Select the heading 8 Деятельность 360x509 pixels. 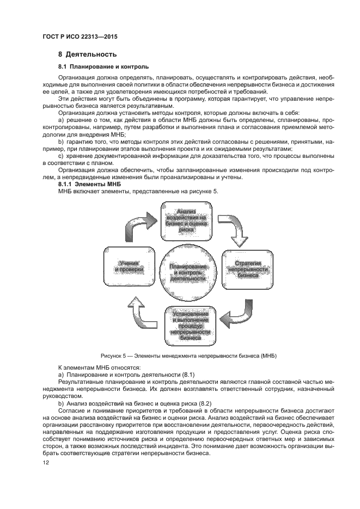coord(87,55)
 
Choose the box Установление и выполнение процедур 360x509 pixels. coord(191,326)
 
